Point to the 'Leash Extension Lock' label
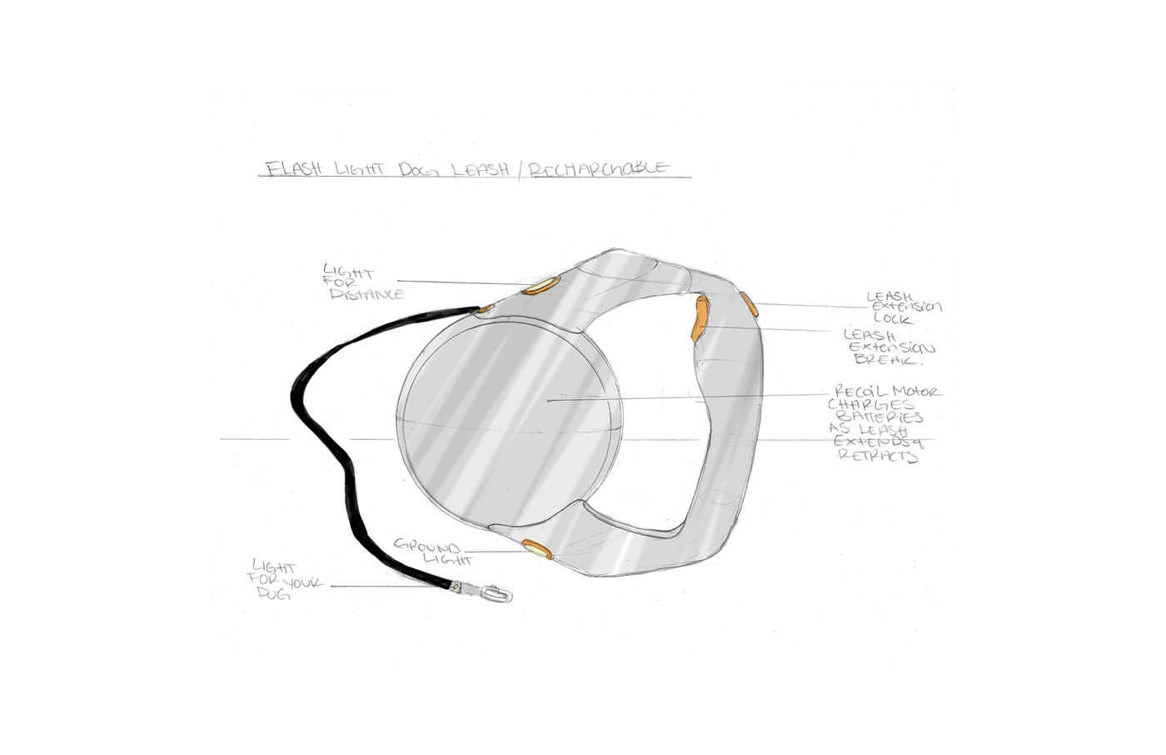click(x=903, y=307)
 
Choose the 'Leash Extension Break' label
click(x=889, y=347)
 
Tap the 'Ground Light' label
click(x=430, y=551)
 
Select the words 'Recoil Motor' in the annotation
click(x=886, y=391)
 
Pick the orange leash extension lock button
click(x=750, y=304)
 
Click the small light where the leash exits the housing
click(x=485, y=309)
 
